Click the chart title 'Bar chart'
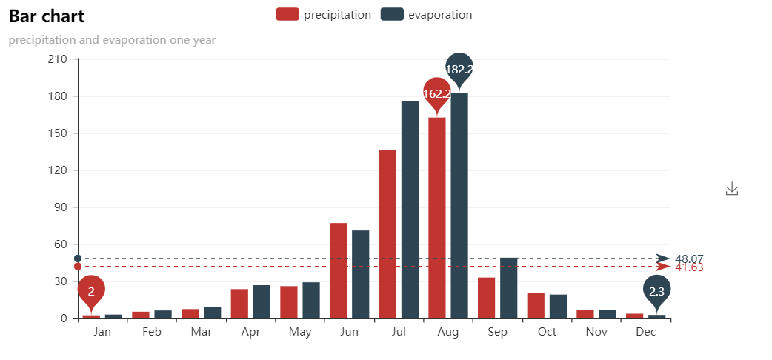point(47,16)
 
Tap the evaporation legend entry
point(427,15)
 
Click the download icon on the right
point(732,189)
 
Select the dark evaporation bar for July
point(410,210)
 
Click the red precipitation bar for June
point(338,270)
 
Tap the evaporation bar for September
point(508,288)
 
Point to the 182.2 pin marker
point(459,69)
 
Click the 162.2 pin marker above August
point(437,93)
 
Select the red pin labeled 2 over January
point(91,291)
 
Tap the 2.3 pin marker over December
point(656,291)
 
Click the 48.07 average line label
point(689,259)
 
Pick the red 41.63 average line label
point(689,267)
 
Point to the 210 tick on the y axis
point(57,59)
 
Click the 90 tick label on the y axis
point(60,207)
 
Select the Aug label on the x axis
point(448,332)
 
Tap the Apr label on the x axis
point(250,332)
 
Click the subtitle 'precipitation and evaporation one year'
point(112,40)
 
